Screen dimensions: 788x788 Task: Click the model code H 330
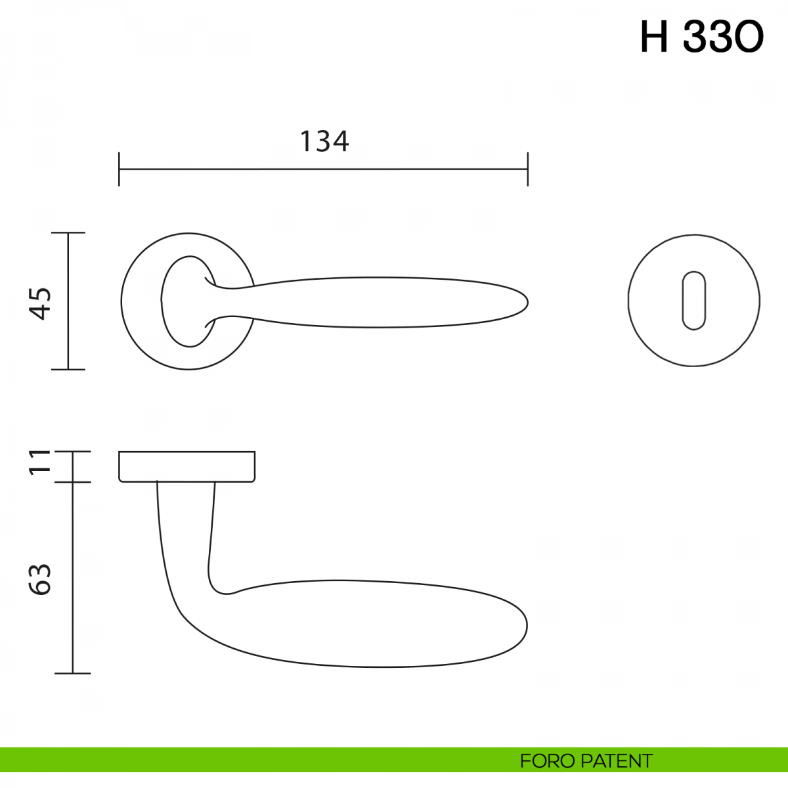[702, 37]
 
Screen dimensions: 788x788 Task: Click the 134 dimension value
[324, 141]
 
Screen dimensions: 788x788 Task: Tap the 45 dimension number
[40, 303]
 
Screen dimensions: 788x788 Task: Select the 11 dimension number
[40, 462]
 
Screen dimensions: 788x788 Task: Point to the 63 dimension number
[40, 579]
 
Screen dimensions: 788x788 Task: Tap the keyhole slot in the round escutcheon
[693, 300]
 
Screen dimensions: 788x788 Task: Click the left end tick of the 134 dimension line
[119, 169]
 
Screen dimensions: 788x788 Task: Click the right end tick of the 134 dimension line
[527, 169]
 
